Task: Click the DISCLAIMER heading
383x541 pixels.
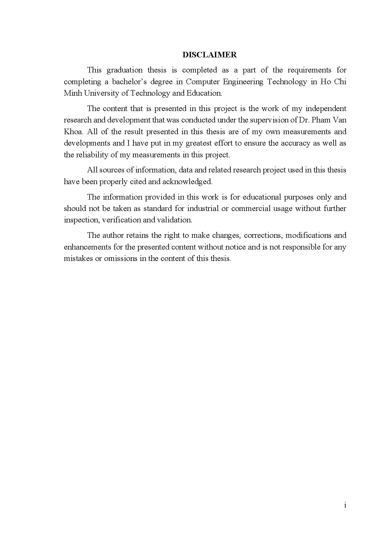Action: tap(209, 55)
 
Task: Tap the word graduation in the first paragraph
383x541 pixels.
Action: tap(124, 70)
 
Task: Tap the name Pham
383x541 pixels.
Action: tap(319, 120)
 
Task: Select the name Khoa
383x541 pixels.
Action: tap(74, 132)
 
